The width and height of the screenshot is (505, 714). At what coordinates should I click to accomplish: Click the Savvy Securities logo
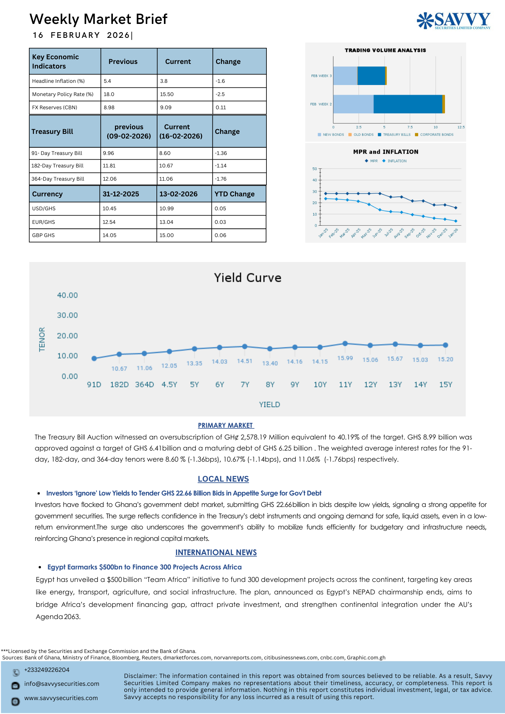pos(454,20)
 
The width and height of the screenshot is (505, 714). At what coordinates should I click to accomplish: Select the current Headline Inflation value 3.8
pos(164,81)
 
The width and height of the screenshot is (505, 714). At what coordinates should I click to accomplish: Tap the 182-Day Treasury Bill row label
pos(57,166)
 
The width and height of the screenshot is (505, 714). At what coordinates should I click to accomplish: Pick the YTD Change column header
pos(234,194)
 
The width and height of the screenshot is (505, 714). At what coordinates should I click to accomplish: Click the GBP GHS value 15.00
pos(166,235)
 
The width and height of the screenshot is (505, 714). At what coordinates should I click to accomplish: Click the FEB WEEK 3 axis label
pos(321,76)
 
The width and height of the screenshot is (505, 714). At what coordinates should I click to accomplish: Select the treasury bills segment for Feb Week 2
pos(407,104)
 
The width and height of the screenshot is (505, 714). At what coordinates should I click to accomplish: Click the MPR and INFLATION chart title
pos(386,152)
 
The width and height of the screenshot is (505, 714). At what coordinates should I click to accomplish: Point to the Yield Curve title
pos(247,278)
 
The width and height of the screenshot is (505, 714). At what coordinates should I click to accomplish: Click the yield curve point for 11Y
pos(345,343)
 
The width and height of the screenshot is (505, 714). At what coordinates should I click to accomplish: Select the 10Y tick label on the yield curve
pos(320,384)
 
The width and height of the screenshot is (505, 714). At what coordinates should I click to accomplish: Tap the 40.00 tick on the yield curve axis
pos(67,295)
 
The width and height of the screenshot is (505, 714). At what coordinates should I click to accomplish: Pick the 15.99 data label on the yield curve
pos(345,358)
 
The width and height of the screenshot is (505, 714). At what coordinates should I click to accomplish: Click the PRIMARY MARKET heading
pos(226,425)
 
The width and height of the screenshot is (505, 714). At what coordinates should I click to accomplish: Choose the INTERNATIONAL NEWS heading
pos(216,552)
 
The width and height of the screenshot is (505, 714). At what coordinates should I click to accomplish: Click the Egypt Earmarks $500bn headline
pos(144,567)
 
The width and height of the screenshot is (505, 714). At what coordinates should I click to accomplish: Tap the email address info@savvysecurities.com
pos(62,684)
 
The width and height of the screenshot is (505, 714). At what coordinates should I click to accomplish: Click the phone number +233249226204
pos(47,670)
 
